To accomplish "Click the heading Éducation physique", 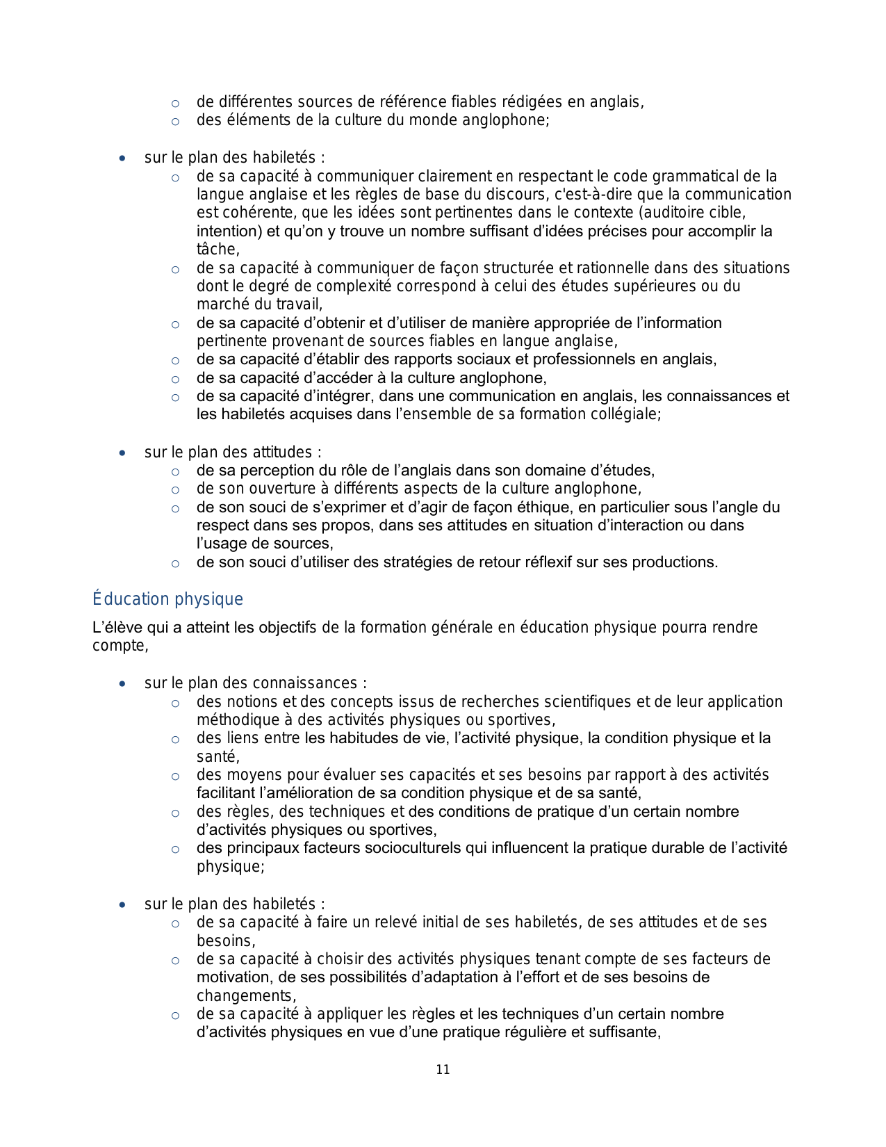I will click(x=167, y=599).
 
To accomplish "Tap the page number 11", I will click(x=443, y=1070).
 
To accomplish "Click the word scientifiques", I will click(x=588, y=702).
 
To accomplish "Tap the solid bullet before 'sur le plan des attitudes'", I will click(x=122, y=453).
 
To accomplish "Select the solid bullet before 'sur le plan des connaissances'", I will click(x=122, y=684).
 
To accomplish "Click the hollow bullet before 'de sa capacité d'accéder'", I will click(x=175, y=379).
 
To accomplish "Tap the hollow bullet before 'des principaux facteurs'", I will click(x=175, y=849).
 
